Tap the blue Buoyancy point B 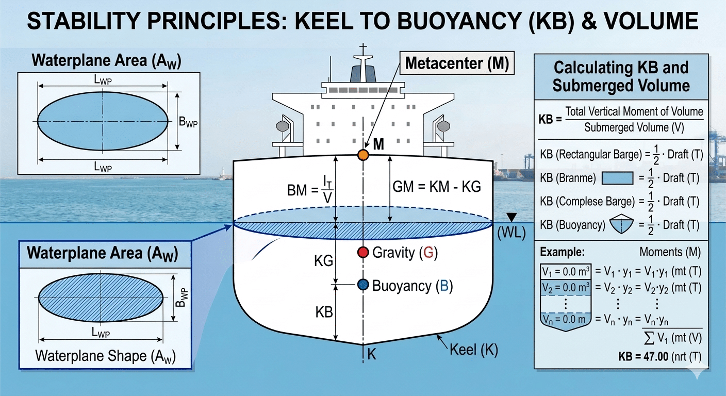tap(363, 285)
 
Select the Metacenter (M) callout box tap(456, 63)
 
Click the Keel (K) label tap(473, 350)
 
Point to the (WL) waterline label tap(511, 233)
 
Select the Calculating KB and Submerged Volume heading tap(621, 76)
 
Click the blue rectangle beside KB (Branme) tap(617, 178)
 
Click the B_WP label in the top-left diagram tap(188, 123)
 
